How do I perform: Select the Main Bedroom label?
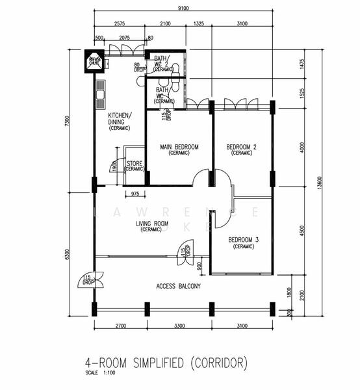179,147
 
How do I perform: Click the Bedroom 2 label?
241,147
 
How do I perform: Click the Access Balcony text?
179,286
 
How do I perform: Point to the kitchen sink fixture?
101,94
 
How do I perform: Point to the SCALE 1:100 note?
99,373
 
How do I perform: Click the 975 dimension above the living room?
135,194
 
